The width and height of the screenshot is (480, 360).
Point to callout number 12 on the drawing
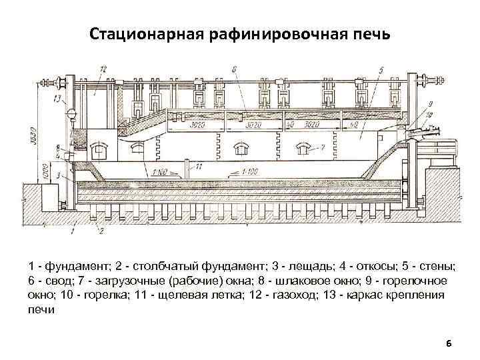coord(104,69)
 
